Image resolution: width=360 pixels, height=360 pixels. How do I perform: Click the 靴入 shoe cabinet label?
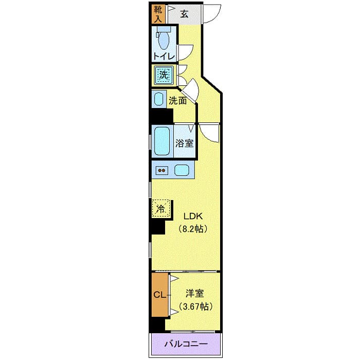point(157,14)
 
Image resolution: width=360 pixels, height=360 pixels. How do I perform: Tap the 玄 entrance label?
point(184,14)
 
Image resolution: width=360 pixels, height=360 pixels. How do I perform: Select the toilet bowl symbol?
point(164,39)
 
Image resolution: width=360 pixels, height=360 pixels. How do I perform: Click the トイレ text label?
point(164,56)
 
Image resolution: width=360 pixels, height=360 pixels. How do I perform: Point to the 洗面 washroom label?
point(178,101)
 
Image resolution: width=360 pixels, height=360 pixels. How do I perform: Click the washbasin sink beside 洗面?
point(159,99)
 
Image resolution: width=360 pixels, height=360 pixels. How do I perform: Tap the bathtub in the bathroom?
point(163,141)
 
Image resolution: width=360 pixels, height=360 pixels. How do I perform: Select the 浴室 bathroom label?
point(184,142)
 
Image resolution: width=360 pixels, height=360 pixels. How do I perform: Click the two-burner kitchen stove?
point(161,170)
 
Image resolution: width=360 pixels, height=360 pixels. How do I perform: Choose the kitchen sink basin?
point(182,170)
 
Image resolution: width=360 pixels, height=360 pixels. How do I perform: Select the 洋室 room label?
point(194,294)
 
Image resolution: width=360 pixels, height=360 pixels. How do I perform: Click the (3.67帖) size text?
point(194,307)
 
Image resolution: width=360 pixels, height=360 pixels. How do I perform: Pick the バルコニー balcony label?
point(186,344)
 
